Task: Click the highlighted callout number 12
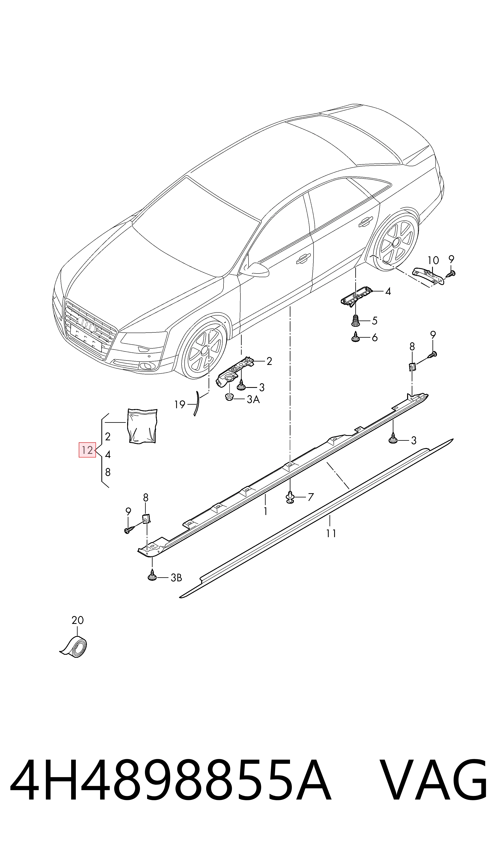click(87, 450)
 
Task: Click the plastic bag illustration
click(142, 426)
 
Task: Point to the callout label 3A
click(253, 400)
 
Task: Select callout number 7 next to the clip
click(311, 497)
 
